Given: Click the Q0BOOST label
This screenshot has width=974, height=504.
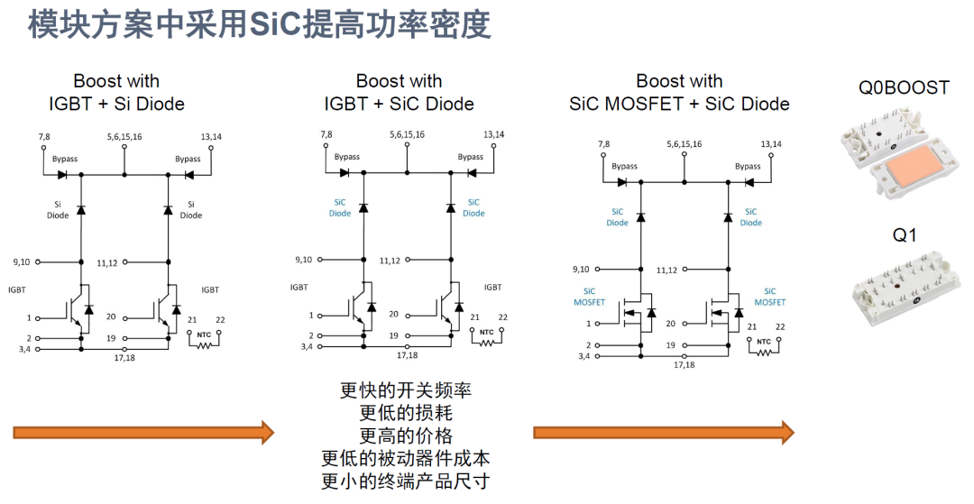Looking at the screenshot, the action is [x=904, y=87].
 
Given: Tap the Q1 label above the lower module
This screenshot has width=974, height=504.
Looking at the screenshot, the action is [x=905, y=235].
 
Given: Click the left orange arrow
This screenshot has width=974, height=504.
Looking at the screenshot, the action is [x=143, y=432].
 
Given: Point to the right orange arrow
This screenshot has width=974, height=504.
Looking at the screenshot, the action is [x=664, y=432].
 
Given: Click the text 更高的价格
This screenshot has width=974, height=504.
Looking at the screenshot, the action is [x=406, y=435].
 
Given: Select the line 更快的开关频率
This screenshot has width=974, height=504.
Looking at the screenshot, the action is [x=406, y=389].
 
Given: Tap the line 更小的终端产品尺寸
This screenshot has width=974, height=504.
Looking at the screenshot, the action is [x=406, y=481].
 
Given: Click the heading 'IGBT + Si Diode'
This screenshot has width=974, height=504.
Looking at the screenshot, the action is [x=116, y=104].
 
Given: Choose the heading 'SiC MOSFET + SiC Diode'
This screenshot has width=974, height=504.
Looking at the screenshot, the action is [x=680, y=104].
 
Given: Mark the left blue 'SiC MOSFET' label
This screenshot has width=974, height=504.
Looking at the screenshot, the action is [x=589, y=297].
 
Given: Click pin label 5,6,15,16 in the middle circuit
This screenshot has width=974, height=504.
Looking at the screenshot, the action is [x=407, y=134].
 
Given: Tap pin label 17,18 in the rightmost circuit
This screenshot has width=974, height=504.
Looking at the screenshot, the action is [x=684, y=365].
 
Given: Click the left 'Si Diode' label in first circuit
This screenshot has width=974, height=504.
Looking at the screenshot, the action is [x=58, y=210].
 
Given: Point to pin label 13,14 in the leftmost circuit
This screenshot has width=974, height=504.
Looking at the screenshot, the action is [x=211, y=136].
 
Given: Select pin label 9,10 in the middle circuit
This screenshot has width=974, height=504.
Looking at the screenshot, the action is [x=303, y=260].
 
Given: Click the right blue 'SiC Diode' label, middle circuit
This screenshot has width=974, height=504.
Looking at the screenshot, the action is [x=473, y=207].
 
